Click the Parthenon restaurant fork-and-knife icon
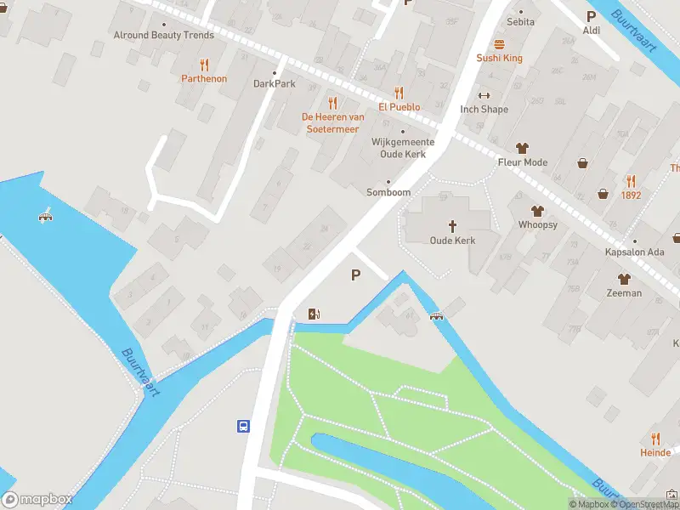[x=204, y=65]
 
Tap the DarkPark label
[x=275, y=83]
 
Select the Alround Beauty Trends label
[x=164, y=36]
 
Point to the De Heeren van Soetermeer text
[x=332, y=122]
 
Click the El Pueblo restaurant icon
[x=399, y=93]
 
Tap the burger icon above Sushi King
[x=499, y=44]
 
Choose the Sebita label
[x=520, y=21]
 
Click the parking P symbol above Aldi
[x=592, y=16]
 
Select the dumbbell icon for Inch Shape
[x=484, y=95]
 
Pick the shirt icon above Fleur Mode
[x=522, y=148]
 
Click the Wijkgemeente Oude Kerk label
[x=403, y=148]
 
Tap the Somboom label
[x=388, y=192]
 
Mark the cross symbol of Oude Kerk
[x=452, y=226]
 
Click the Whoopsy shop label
[x=537, y=224]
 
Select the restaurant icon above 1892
[x=631, y=181]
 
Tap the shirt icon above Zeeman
[x=625, y=279]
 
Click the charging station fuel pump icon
[x=314, y=314]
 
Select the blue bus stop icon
[x=244, y=426]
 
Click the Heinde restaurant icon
[x=655, y=439]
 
